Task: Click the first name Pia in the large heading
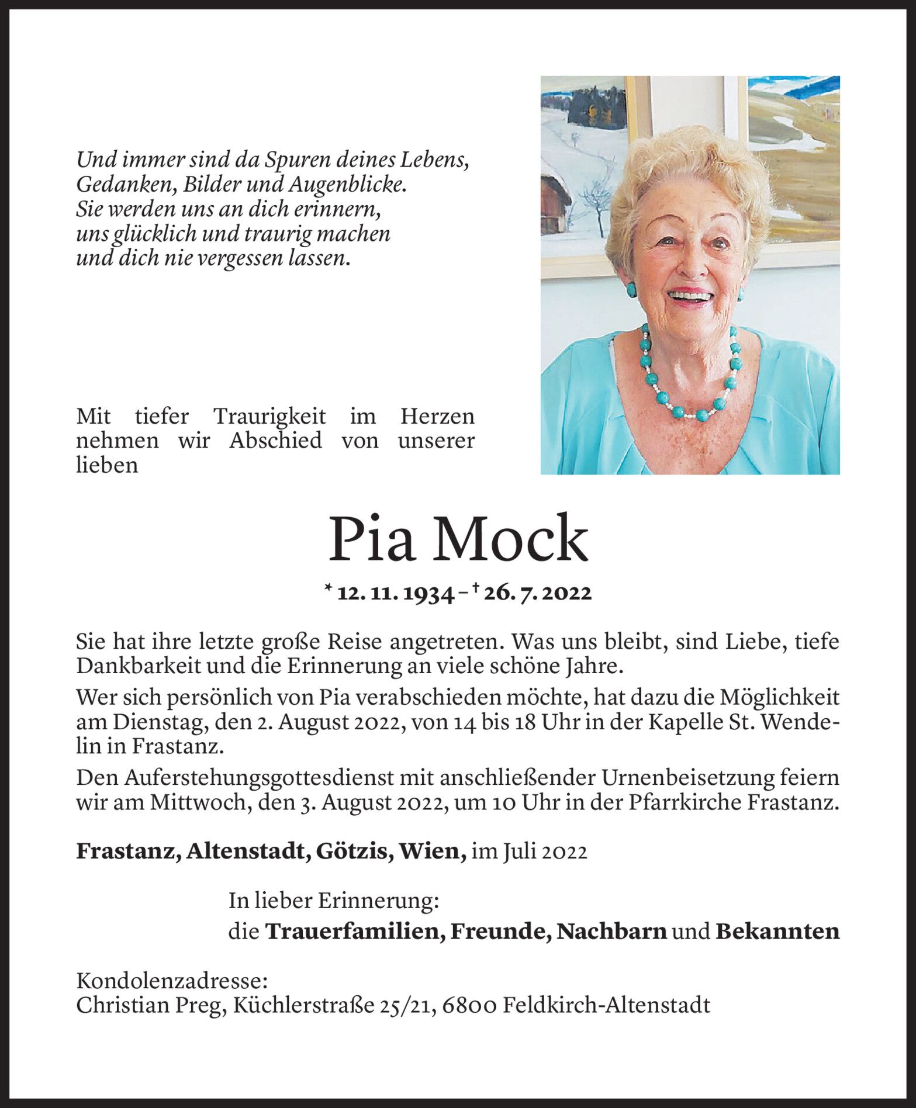coord(371,539)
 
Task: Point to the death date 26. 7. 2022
coord(538,594)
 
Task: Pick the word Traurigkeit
coord(269,417)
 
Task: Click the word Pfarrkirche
coord(686,802)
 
